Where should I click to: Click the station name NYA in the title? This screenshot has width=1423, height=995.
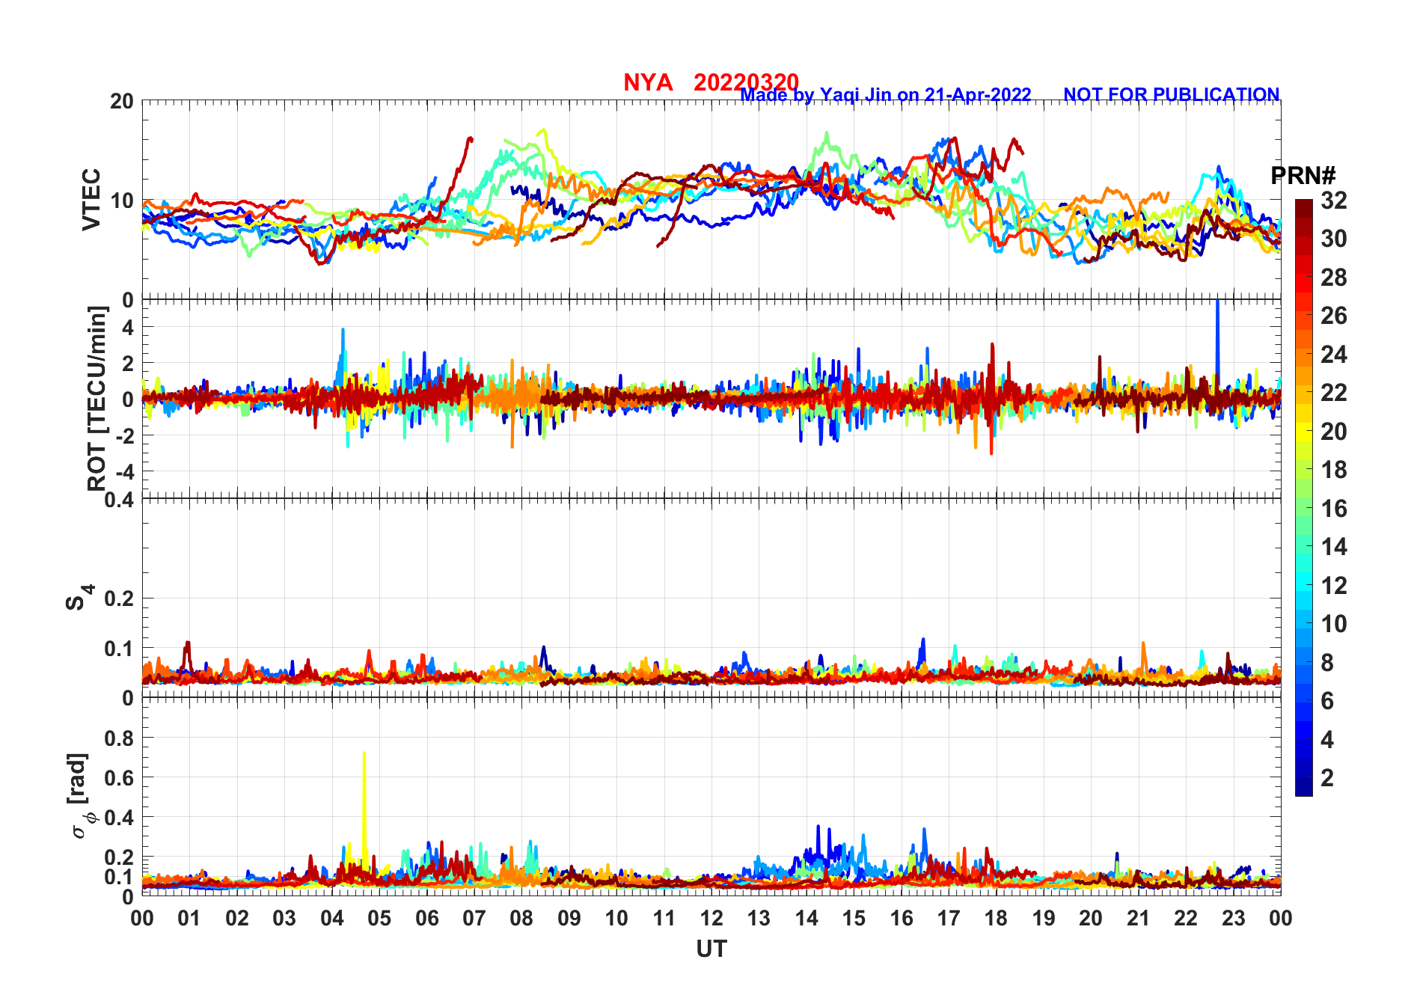(648, 82)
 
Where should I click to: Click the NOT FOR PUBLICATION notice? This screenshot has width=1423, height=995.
(1171, 95)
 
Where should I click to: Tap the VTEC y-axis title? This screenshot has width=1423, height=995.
(91, 199)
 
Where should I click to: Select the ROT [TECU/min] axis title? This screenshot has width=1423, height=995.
(97, 398)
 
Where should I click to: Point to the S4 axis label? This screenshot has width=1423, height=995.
(79, 598)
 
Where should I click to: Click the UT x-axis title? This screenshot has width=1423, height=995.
(711, 949)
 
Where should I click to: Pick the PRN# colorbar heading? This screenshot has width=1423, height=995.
(1303, 176)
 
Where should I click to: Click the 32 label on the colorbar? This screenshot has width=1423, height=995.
(1333, 200)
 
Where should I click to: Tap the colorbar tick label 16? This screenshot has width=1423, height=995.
(1333, 509)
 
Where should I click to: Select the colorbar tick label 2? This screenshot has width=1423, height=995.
(1327, 778)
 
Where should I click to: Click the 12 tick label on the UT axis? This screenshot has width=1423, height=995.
(711, 918)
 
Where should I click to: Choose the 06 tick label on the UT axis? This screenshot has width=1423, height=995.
(426, 918)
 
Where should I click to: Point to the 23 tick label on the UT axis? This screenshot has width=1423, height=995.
(1233, 918)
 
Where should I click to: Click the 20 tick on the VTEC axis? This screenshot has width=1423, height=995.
(122, 102)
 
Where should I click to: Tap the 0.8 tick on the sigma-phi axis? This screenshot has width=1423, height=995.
(120, 738)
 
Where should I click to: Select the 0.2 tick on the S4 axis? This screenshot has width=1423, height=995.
(120, 598)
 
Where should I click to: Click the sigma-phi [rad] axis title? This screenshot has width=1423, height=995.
(79, 796)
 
